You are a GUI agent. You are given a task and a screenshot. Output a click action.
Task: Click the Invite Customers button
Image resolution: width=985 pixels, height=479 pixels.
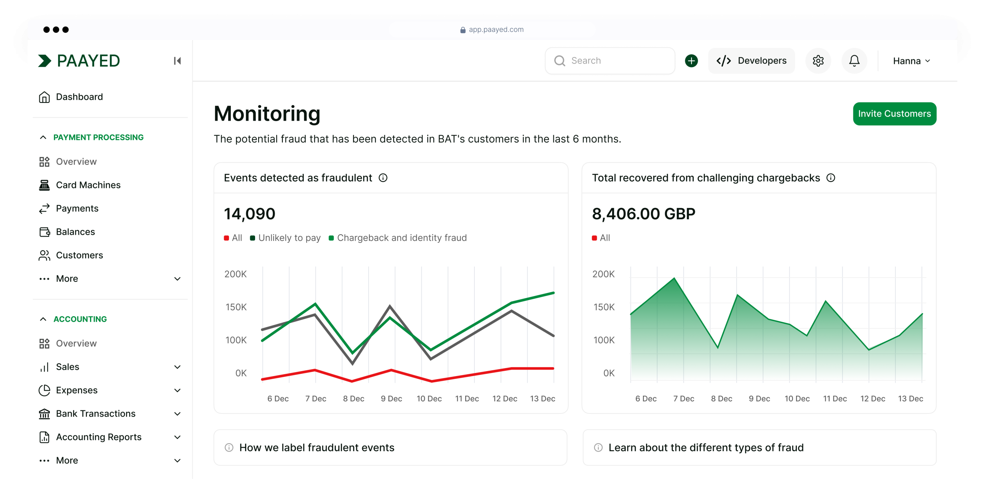[894, 114]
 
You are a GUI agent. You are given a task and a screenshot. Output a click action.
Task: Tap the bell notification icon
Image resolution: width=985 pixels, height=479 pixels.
[854, 61]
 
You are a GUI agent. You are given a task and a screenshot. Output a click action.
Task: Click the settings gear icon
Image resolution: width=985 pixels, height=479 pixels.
[818, 61]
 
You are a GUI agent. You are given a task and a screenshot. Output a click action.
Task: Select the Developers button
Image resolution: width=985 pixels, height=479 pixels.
[751, 61]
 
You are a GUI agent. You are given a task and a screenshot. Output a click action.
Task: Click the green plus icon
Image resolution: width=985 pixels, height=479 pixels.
[691, 61]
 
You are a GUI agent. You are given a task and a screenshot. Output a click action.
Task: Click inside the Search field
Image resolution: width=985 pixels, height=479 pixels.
[610, 61]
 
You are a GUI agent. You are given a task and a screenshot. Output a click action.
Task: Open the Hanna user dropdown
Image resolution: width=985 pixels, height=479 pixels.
[911, 61]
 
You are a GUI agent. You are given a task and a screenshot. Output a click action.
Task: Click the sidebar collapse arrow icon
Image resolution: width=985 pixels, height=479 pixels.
[177, 61]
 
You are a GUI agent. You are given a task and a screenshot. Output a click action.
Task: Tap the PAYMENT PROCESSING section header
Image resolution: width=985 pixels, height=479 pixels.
[98, 137]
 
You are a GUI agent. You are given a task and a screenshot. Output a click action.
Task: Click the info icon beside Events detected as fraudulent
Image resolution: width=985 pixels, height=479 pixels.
[383, 178]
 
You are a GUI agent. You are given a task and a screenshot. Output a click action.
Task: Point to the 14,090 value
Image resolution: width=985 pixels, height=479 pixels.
[249, 214]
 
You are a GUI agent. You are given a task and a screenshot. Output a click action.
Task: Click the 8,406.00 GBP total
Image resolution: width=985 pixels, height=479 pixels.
[643, 214]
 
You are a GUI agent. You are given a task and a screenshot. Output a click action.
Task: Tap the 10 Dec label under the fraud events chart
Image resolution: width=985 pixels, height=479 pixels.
[429, 398]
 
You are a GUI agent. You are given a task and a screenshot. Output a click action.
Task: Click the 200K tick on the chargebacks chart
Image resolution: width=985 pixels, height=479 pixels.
[603, 274]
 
